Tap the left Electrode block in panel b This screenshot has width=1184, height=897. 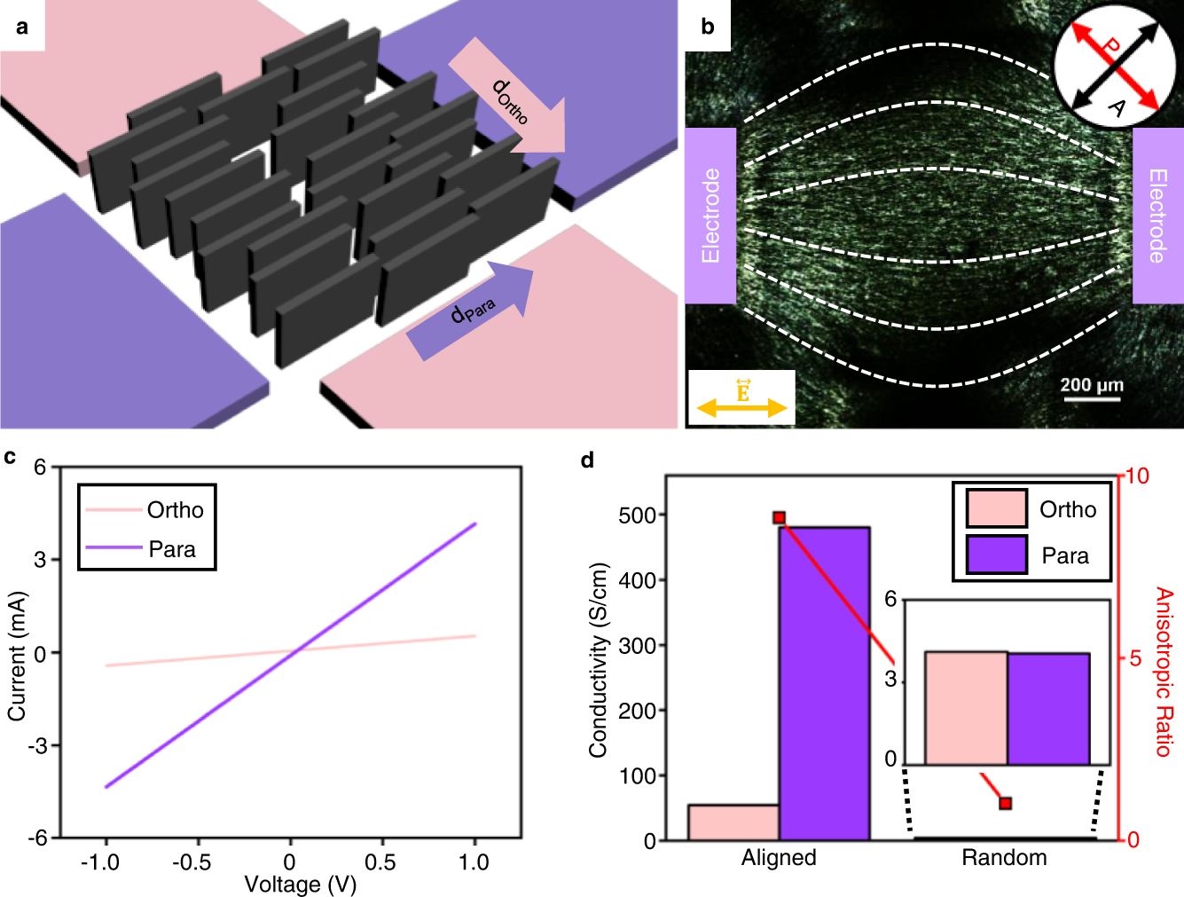(710, 216)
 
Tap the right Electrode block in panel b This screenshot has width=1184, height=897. (1157, 216)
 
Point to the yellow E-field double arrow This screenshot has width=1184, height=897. (741, 407)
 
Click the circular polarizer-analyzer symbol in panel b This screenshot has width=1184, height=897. (1115, 67)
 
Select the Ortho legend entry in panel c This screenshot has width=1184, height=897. (146, 510)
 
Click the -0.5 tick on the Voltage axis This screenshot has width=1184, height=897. (192, 862)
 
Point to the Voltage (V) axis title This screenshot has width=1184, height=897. (300, 884)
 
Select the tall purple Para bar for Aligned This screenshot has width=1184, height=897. (824, 683)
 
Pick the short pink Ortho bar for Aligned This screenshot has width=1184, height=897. (733, 822)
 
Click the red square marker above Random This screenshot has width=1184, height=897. (1005, 803)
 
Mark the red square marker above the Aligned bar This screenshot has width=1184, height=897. (779, 517)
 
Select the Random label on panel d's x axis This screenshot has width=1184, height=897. (1004, 858)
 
